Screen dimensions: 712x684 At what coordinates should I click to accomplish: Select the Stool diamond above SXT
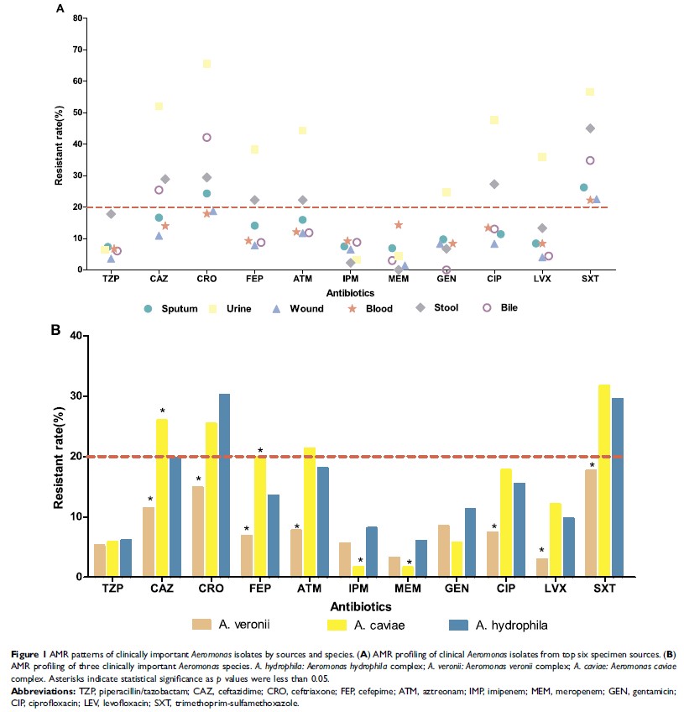pos(590,128)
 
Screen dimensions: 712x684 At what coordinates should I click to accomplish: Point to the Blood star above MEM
pos(399,225)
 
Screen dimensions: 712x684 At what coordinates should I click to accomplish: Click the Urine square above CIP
pos(494,121)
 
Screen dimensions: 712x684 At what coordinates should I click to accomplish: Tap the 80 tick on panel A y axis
pos(81,18)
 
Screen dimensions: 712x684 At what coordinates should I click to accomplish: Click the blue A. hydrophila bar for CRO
pos(224,484)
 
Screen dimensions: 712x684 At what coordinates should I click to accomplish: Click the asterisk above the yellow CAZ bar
pos(162,411)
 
